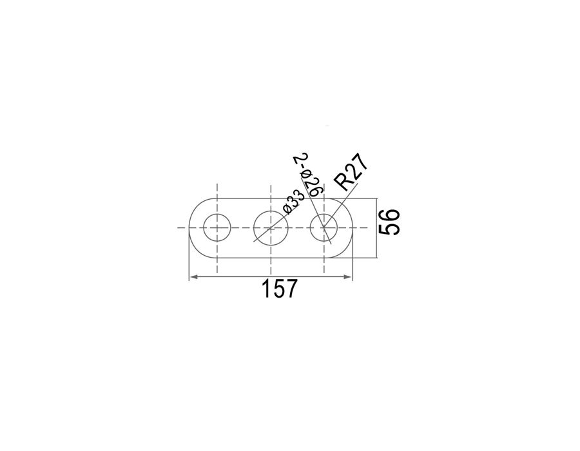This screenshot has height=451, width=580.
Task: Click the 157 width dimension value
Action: coord(279,289)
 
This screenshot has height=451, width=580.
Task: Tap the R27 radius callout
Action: coord(351,171)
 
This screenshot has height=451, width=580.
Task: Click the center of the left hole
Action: coord(217,227)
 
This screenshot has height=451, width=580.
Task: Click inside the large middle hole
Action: coord(271,227)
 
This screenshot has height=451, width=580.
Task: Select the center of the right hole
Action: coord(324,227)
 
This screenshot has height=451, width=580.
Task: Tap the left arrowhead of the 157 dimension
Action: coord(193,276)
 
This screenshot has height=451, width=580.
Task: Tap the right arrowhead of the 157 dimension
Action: coord(348,276)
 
